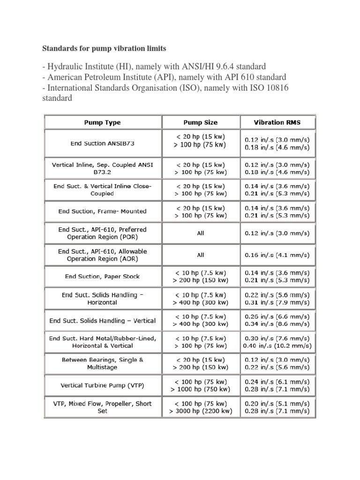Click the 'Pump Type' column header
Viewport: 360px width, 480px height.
[x=102, y=122]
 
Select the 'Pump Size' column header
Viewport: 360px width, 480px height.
[x=200, y=122]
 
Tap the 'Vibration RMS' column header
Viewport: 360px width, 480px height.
[x=277, y=122]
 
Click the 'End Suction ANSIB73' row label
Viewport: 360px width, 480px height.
[x=102, y=143]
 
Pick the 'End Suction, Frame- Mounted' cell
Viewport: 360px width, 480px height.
[x=102, y=211]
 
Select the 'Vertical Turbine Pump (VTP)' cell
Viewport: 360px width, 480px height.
[x=102, y=386]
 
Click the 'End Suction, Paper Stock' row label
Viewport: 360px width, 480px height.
[x=102, y=277]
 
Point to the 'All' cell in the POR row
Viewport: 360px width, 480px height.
[x=201, y=233]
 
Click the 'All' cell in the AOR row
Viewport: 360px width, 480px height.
[x=201, y=255]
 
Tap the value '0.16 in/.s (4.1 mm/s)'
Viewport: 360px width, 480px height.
[x=277, y=255]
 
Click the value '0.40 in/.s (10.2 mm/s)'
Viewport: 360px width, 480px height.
[x=277, y=345]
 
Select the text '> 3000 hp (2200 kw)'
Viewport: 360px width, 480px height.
[x=201, y=411]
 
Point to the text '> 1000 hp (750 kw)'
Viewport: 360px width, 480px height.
[x=201, y=390]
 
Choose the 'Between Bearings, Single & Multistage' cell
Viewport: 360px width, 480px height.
[x=102, y=363]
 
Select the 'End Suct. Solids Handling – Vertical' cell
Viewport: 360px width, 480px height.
[x=102, y=321]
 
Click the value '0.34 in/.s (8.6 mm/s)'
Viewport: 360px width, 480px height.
[x=277, y=324]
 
